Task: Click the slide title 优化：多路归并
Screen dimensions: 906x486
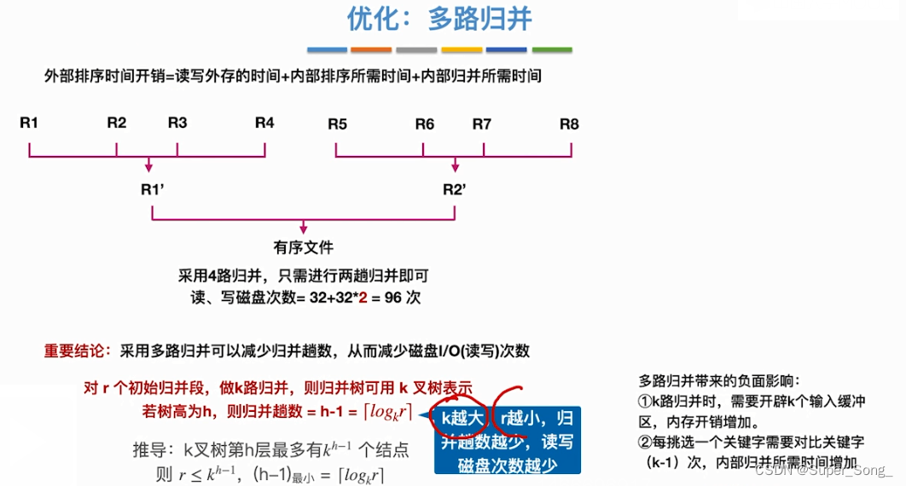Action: point(440,19)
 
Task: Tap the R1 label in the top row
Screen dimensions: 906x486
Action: point(29,124)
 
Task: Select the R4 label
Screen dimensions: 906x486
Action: point(264,124)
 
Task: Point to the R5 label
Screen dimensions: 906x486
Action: point(337,124)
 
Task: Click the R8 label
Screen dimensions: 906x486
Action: point(569,124)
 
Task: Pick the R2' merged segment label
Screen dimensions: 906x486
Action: point(454,189)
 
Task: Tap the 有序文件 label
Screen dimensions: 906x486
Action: point(303,247)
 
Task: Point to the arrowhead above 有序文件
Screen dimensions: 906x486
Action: point(303,229)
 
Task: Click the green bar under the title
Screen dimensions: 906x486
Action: point(551,50)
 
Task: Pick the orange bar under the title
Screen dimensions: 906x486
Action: point(371,50)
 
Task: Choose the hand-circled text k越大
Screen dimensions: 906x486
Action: point(462,418)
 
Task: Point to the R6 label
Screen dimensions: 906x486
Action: point(425,124)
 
